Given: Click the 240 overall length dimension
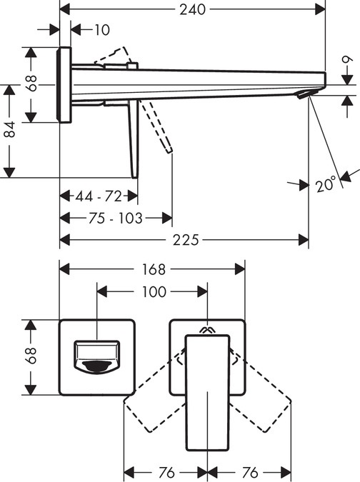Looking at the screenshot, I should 191,9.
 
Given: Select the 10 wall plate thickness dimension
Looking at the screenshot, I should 101,29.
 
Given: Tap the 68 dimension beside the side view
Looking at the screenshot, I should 29,84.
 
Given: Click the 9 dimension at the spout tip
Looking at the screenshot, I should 346,71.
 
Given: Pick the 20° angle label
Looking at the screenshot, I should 326,184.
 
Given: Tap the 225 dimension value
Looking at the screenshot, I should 186,240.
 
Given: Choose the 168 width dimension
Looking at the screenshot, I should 152,269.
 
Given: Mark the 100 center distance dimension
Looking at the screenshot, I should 154,291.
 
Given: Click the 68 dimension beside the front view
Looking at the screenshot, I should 29,357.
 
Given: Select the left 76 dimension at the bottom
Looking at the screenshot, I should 165,472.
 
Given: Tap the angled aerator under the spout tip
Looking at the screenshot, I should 306,94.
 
